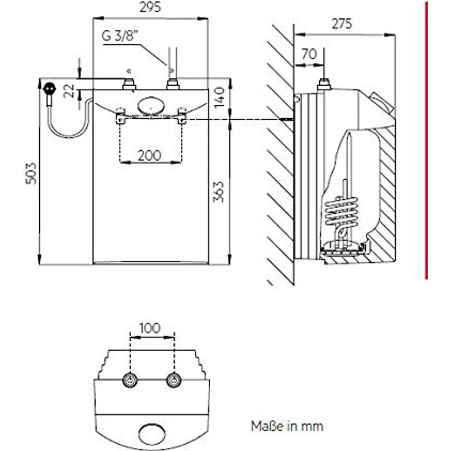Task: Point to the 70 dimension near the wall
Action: pyautogui.click(x=309, y=55)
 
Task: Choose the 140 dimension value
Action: pyautogui.click(x=220, y=96)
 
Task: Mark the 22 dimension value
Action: pyautogui.click(x=70, y=91)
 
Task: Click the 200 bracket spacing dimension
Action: pyautogui.click(x=150, y=155)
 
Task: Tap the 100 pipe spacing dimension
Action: pyautogui.click(x=150, y=328)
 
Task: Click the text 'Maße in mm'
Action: pyautogui.click(x=286, y=425)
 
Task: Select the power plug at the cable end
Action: pyautogui.click(x=50, y=89)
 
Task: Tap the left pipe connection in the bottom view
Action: pyautogui.click(x=130, y=380)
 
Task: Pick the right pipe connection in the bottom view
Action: pyautogui.click(x=174, y=380)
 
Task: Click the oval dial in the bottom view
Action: pyautogui.click(x=151, y=433)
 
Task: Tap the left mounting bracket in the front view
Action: pyautogui.click(x=120, y=116)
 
